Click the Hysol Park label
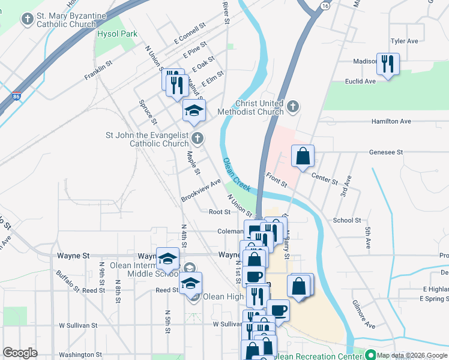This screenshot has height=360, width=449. click(x=117, y=34)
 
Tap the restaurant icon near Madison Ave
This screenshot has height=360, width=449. click(x=387, y=63)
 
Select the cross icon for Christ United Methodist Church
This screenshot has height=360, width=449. click(x=292, y=107)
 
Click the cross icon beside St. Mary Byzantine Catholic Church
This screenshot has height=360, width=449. click(x=26, y=20)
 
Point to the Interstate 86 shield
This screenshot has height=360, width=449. click(x=16, y=96)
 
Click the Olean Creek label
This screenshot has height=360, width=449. click(x=237, y=175)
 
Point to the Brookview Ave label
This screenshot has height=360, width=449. click(x=201, y=190)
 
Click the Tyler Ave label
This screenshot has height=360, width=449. click(x=404, y=41)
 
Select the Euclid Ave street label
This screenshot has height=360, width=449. click(x=360, y=81)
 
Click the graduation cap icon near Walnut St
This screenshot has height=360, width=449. click(x=194, y=110)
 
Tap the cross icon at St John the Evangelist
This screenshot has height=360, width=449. click(x=197, y=140)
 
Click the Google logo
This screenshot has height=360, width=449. click(x=20, y=352)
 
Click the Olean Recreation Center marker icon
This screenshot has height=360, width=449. click(x=370, y=355)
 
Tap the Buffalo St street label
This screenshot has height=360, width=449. click(x=68, y=280)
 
